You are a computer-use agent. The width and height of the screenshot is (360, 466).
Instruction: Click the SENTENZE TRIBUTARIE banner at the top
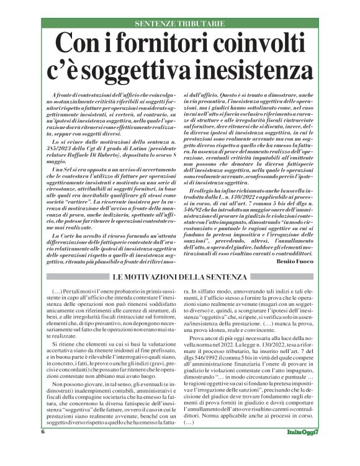click(x=179, y=24)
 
